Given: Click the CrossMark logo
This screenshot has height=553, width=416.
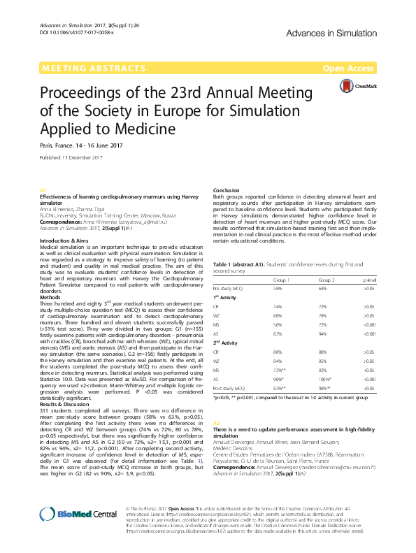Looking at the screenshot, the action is tap(357, 86).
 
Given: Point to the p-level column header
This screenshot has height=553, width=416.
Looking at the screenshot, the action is tap(370, 280).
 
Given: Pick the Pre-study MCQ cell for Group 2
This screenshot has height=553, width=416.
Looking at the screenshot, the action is tap(322, 289).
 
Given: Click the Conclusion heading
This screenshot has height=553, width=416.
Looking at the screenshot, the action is tap(226, 190).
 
